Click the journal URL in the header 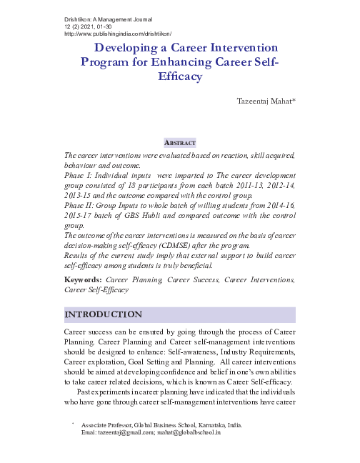[x=118, y=33]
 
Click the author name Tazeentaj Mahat [x=266, y=102]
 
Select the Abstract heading [x=179, y=143]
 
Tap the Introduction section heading [x=103, y=314]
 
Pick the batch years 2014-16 [x=275, y=204]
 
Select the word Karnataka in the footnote [x=219, y=425]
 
